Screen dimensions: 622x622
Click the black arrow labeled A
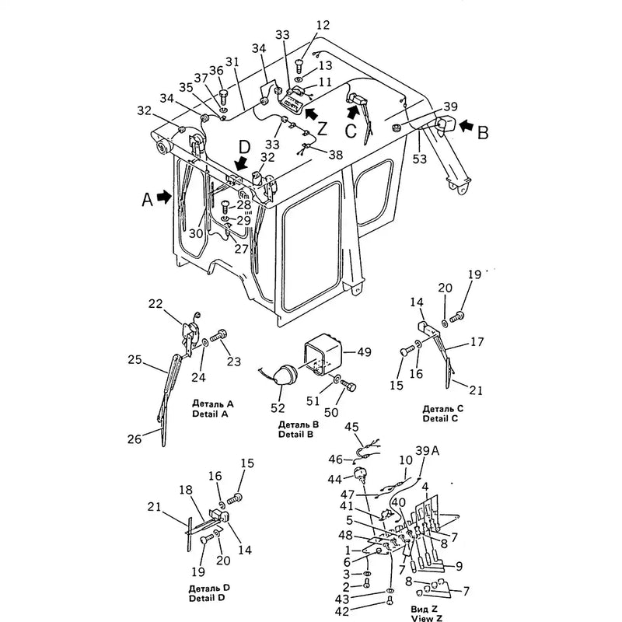click(162, 197)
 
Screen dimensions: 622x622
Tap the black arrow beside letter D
click(242, 162)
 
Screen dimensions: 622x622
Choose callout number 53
click(421, 159)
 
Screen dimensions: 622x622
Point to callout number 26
click(135, 439)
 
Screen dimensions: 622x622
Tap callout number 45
click(351, 426)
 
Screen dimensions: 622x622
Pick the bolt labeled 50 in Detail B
click(350, 386)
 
